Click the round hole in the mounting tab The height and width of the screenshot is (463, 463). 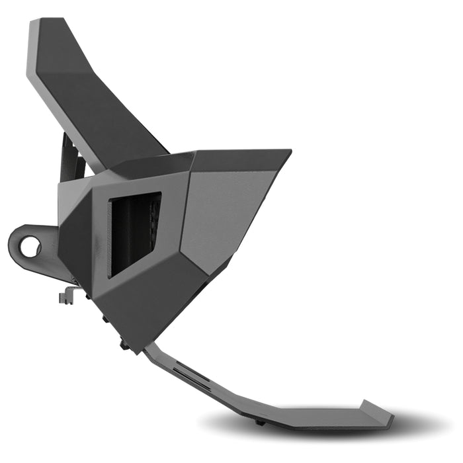point(30,246)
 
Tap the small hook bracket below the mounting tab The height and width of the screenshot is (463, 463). point(66,296)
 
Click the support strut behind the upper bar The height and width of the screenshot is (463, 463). point(70,159)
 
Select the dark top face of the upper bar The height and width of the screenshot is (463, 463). point(99,99)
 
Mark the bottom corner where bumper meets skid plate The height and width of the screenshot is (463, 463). point(142,347)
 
